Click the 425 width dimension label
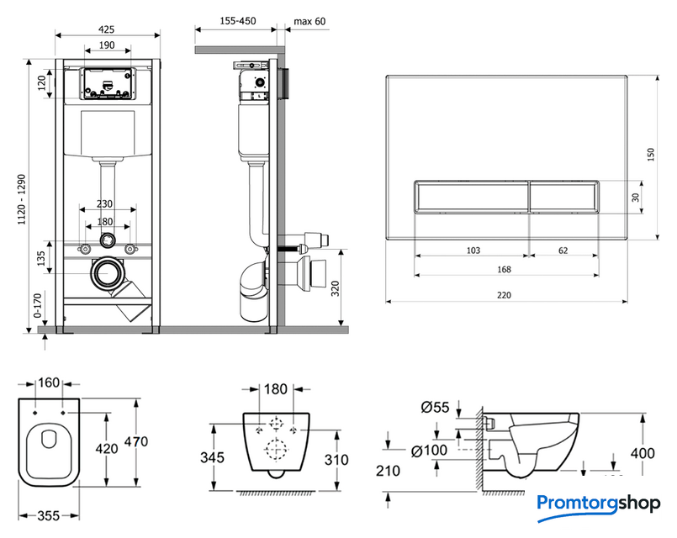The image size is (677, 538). coord(106,29)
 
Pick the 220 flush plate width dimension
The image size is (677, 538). coord(505,294)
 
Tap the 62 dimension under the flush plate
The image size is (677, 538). coord(563,249)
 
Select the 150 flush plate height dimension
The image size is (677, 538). coord(649,156)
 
